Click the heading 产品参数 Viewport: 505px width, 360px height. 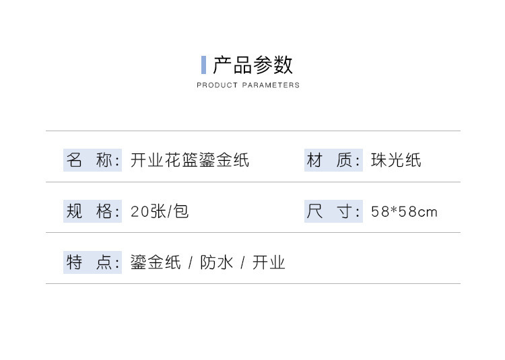(x=253, y=65)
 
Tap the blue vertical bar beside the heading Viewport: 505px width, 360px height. (x=203, y=65)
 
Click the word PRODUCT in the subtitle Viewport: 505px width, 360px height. (x=217, y=85)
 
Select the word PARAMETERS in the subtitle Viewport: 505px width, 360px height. (x=271, y=85)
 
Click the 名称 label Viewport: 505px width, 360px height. (x=92, y=160)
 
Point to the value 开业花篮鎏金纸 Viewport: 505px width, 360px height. (x=190, y=160)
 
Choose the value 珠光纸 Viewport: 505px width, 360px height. (x=396, y=160)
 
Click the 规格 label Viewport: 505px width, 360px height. (x=92, y=211)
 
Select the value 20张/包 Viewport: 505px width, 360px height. (x=160, y=211)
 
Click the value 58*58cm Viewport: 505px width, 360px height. (x=404, y=212)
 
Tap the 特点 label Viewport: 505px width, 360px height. (x=92, y=262)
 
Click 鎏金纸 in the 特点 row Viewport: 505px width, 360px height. (x=156, y=262)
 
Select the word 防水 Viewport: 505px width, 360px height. (x=216, y=262)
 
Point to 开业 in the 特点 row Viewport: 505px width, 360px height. (x=269, y=262)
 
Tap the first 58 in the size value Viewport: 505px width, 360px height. (x=380, y=212)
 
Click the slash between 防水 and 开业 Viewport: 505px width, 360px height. (x=242, y=262)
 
